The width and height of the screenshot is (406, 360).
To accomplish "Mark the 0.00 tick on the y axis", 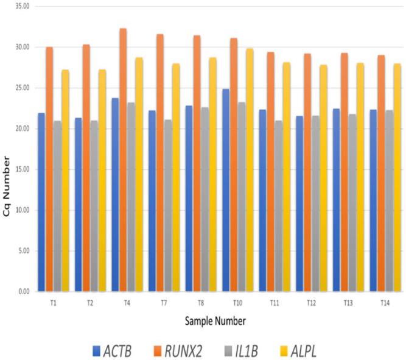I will tap(23, 292).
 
